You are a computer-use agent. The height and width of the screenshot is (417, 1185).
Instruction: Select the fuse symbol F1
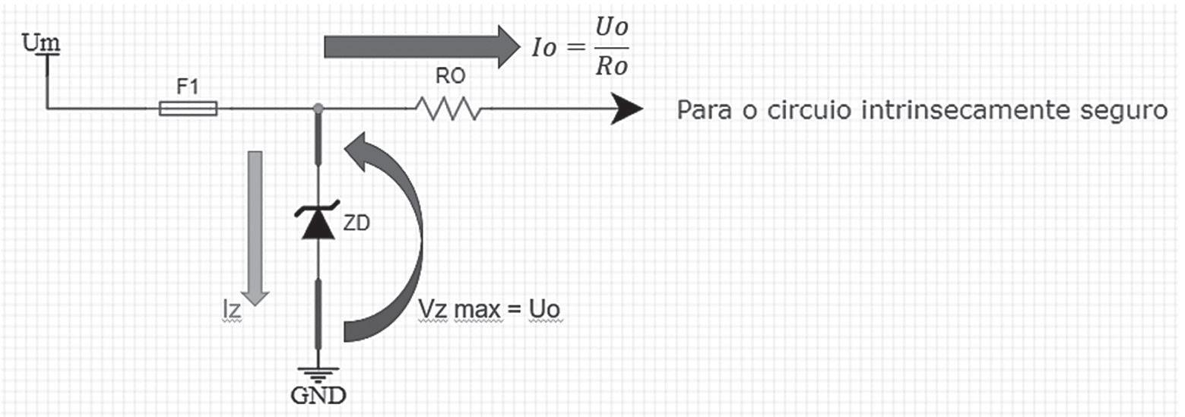point(188,109)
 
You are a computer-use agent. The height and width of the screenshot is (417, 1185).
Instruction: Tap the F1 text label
point(188,87)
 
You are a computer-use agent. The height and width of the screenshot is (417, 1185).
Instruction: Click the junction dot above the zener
point(318,109)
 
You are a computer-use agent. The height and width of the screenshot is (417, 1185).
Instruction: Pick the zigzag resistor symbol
point(448,109)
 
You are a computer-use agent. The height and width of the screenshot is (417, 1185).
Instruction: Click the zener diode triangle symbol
point(318,224)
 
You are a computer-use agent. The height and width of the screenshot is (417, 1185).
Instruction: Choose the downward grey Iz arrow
point(255,227)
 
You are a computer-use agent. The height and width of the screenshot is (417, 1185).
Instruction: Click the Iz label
point(231,311)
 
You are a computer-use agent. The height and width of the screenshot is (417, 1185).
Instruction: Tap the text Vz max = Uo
point(492,311)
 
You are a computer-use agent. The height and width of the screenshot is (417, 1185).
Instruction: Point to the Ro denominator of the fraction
point(612,66)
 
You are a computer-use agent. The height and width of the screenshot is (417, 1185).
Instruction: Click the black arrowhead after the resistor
point(627,109)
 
